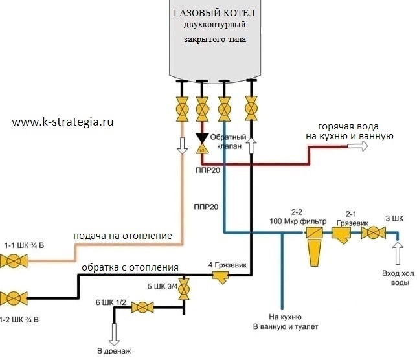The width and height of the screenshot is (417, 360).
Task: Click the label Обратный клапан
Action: pos(230,142)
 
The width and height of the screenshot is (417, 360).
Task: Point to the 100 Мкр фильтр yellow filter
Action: pos(313,247)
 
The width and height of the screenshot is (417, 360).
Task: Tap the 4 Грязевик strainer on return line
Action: pos(220,276)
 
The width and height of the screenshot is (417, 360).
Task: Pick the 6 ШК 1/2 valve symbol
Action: pos(139,308)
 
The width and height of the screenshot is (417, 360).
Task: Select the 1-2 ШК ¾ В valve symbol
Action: pos(12,298)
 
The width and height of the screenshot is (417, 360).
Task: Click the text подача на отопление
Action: pos(122,236)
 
